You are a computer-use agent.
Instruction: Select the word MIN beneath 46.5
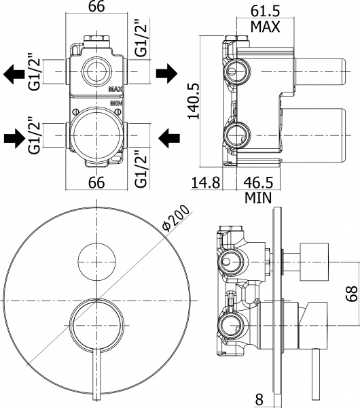point(259,198)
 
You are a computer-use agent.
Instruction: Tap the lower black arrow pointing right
point(14,139)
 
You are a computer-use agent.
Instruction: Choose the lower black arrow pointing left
point(167,139)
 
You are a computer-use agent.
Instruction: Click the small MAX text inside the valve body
point(115,88)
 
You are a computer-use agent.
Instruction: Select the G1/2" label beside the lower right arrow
point(141,169)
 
